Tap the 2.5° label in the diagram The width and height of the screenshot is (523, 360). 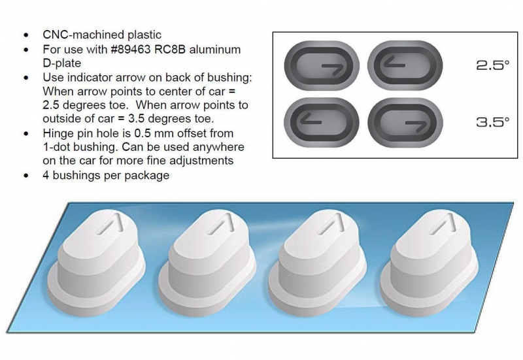(493, 65)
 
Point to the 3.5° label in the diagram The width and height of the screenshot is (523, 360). (493, 122)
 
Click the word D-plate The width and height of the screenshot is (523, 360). (62, 63)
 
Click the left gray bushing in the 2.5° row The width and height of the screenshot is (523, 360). (322, 66)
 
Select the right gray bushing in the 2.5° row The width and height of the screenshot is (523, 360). (405, 66)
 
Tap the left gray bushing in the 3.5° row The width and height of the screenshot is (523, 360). (322, 122)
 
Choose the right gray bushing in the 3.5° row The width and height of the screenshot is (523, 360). (405, 122)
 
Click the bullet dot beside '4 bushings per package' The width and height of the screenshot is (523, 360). (26, 176)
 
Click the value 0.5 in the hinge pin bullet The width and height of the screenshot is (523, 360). (143, 133)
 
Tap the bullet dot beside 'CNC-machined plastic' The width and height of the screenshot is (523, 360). (26, 35)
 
